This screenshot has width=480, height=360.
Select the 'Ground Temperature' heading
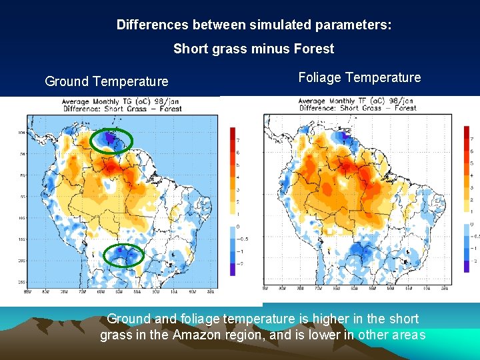107,81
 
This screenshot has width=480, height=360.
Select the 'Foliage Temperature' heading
359,77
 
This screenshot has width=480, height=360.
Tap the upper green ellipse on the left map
111,140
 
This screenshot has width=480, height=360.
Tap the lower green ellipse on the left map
124,255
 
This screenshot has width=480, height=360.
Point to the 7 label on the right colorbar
472,139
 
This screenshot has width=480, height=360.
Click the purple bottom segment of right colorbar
466,266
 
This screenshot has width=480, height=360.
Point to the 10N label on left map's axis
21,133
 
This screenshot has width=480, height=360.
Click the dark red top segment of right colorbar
466,132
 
